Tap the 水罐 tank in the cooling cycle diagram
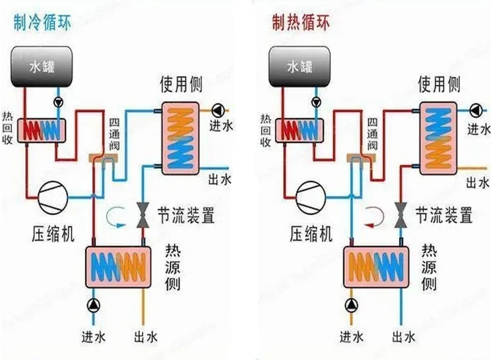coord(42,66)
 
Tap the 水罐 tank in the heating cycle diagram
coord(299,66)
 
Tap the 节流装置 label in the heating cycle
coord(444,215)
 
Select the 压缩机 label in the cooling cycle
coord(53,234)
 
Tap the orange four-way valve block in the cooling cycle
coord(103,157)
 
